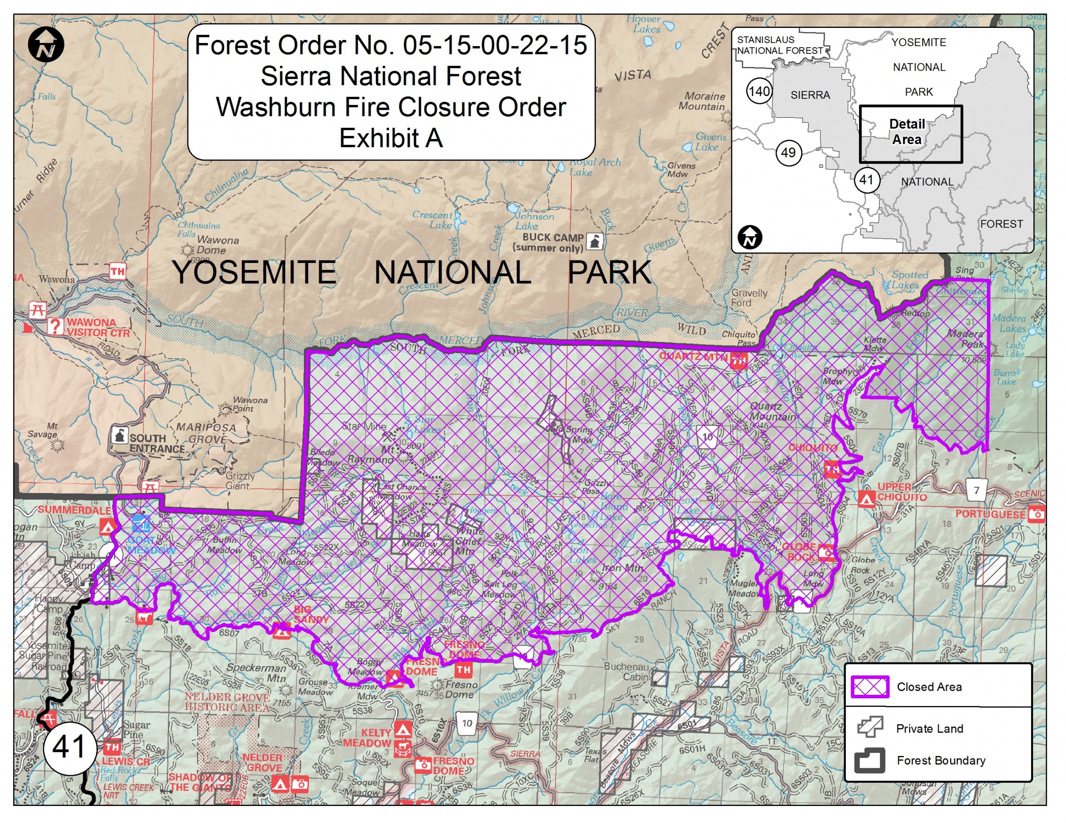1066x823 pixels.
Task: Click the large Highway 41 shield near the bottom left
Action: pyautogui.click(x=69, y=747)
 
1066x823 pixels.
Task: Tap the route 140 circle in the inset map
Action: pyautogui.click(x=759, y=91)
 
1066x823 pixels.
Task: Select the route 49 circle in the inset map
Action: pyautogui.click(x=788, y=153)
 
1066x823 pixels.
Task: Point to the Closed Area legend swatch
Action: pyautogui.click(x=869, y=687)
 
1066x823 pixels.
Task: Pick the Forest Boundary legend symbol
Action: pyautogui.click(x=869, y=760)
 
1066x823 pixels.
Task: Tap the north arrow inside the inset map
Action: pyautogui.click(x=750, y=238)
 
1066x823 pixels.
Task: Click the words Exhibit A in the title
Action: pyautogui.click(x=391, y=138)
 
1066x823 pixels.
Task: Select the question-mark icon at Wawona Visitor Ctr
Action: pyautogui.click(x=56, y=326)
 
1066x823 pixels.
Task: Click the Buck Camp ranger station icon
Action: pyautogui.click(x=595, y=241)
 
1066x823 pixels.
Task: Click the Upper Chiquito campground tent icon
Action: pyautogui.click(x=867, y=499)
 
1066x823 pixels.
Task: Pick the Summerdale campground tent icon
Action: pyautogui.click(x=107, y=526)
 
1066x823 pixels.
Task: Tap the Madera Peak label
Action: pyautogui.click(x=966, y=339)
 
